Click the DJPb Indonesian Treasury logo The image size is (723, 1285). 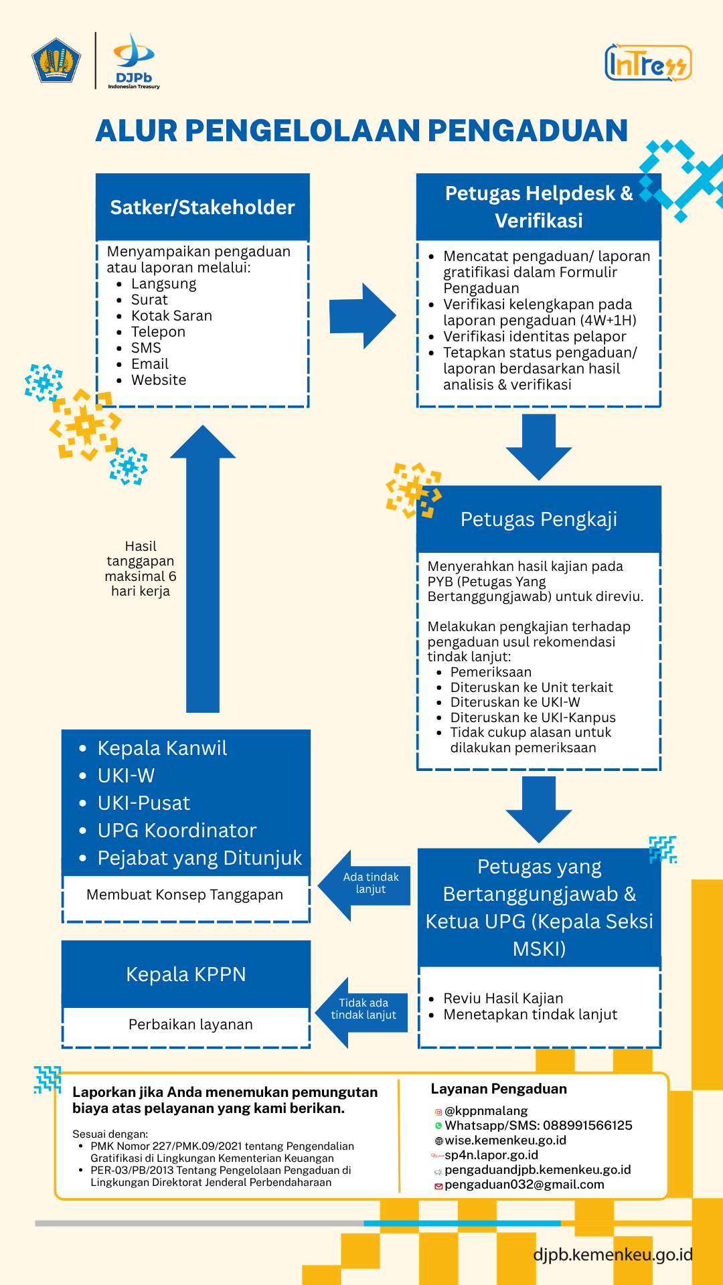tap(134, 61)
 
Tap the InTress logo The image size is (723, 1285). tap(647, 64)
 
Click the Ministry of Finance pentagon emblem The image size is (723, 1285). tap(56, 61)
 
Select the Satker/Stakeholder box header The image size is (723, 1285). tap(202, 207)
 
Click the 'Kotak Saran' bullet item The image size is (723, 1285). tap(171, 316)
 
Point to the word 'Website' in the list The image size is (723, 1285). tap(159, 380)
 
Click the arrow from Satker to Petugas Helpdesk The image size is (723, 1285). tap(362, 316)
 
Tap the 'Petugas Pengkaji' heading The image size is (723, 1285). tap(539, 519)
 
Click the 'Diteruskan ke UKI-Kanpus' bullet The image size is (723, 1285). tap(533, 717)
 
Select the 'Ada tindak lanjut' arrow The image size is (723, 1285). tap(366, 885)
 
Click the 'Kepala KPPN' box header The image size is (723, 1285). tap(186, 974)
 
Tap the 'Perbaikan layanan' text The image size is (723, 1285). tap(191, 1025)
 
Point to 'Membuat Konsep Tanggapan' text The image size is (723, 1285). tap(185, 895)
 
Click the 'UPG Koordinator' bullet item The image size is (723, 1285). tap(177, 831)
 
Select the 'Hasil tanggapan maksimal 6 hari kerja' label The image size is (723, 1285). tap(141, 569)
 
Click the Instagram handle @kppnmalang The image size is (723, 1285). tap(486, 1111)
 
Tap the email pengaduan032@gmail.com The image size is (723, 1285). tap(524, 1185)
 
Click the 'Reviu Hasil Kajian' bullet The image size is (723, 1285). tap(503, 999)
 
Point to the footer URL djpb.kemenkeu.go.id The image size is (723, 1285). tap(613, 1254)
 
